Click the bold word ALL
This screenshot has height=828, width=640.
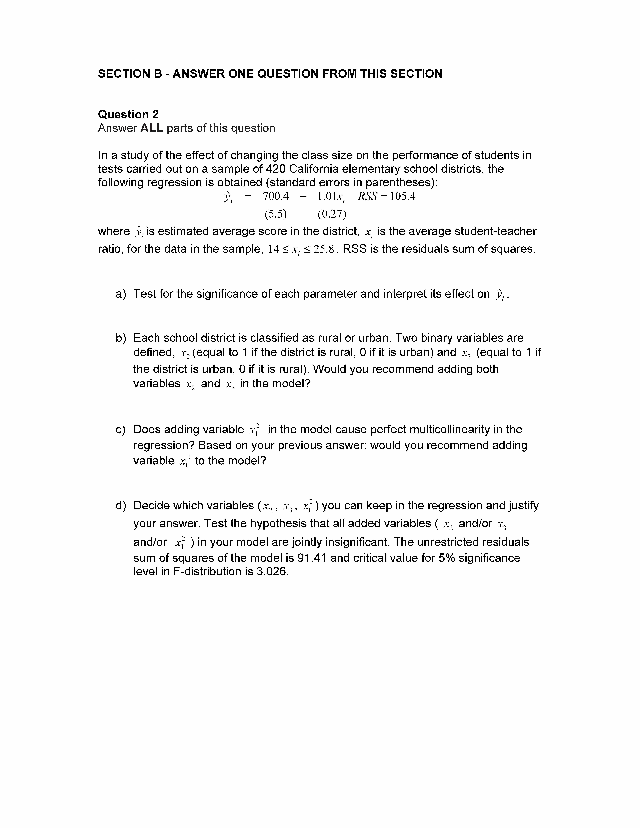click(152, 128)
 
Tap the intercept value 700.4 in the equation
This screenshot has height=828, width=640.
click(276, 196)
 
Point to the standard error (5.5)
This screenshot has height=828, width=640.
click(276, 214)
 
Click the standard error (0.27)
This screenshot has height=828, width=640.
click(332, 214)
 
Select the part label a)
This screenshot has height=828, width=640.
click(121, 294)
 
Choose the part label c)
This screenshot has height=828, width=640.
click(121, 430)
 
